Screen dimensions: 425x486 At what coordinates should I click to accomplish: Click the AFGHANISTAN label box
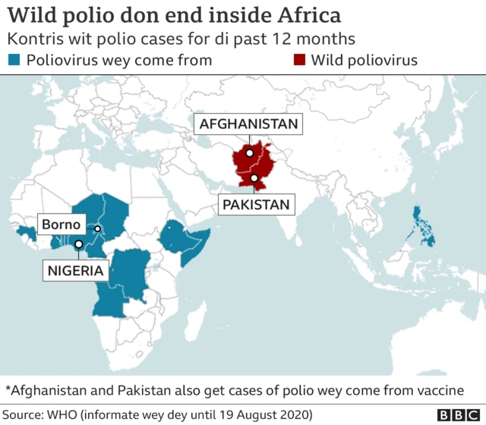click(248, 124)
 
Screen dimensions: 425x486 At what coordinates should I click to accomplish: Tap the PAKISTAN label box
click(255, 204)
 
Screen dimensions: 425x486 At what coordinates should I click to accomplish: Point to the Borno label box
click(62, 225)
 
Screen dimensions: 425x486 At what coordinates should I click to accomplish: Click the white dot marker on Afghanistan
click(249, 153)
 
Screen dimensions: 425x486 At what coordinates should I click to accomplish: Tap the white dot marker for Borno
click(97, 228)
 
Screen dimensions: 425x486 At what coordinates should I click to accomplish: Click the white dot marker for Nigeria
click(78, 244)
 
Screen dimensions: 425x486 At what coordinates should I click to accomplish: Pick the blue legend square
click(12, 61)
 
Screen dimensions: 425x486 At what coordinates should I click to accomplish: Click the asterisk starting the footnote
click(9, 390)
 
